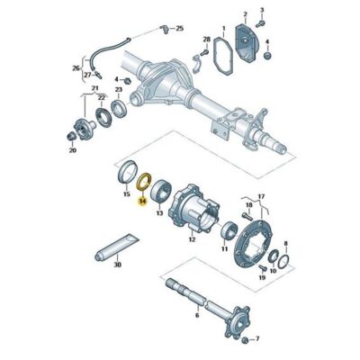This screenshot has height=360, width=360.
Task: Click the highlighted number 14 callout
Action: [142, 203]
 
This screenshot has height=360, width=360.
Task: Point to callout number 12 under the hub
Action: [190, 238]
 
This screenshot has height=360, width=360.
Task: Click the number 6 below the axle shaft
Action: [197, 315]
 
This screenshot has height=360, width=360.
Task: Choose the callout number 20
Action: [72, 151]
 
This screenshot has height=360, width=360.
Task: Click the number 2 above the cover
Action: [244, 14]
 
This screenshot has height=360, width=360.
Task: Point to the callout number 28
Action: [206, 40]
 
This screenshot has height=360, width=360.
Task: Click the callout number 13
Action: [160, 215]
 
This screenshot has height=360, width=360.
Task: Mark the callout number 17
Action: [262, 196]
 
